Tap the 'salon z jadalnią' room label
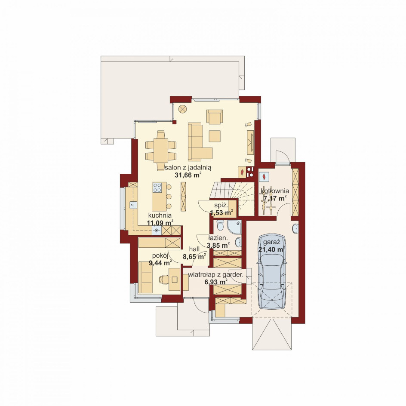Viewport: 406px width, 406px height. click(188, 168)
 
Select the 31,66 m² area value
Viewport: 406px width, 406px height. click(188, 175)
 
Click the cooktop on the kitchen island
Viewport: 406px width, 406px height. click(157, 187)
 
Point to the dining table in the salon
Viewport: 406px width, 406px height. click(161, 151)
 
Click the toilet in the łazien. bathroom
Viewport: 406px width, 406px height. click(220, 225)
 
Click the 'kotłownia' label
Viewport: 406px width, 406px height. click(275, 191)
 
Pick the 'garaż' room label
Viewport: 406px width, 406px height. click(272, 243)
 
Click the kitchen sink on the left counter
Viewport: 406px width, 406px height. click(133, 205)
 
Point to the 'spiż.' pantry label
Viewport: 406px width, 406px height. click(221, 206)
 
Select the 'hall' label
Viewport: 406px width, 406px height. click(194, 249)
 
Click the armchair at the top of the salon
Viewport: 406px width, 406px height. click(215, 116)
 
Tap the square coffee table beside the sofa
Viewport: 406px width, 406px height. click(215, 136)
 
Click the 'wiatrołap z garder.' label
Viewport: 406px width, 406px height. click(216, 275)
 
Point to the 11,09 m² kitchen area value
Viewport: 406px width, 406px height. click(160, 223)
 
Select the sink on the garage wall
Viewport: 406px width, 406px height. click(295, 229)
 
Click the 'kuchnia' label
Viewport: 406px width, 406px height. click(160, 215)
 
